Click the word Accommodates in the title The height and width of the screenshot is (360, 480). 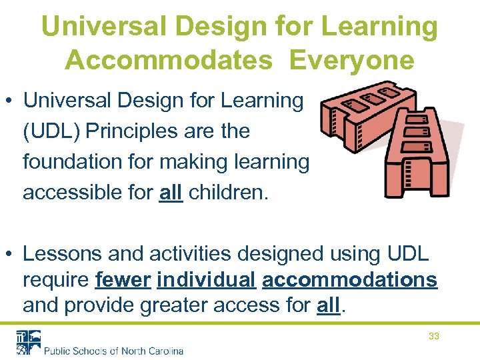169,59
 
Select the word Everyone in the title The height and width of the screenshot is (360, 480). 352,59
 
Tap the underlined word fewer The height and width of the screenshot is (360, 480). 123,280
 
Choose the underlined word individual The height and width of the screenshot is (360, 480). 206,280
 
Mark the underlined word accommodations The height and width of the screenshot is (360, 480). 350,280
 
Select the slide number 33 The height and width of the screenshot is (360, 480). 433,336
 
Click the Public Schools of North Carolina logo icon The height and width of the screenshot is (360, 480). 29,341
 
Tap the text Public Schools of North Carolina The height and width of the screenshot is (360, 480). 113,350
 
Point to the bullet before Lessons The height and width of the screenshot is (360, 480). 11,255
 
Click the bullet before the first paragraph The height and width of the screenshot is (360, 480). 11,101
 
